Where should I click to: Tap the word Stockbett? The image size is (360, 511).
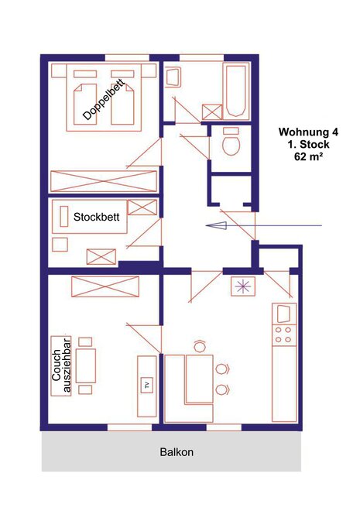click(x=97, y=217)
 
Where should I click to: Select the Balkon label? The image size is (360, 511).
click(x=177, y=452)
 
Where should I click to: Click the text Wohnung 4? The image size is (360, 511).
click(x=308, y=132)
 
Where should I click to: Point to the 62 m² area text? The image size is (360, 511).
click(x=309, y=156)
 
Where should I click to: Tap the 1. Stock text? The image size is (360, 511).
click(x=308, y=144)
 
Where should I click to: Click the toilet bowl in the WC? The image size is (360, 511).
click(x=231, y=142)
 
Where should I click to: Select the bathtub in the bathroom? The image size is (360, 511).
click(x=236, y=91)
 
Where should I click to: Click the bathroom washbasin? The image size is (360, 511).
click(x=173, y=77)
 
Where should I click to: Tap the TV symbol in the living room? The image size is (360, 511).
click(x=147, y=385)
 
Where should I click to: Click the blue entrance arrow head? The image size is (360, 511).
click(x=216, y=225)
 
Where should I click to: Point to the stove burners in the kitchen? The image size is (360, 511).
click(x=283, y=335)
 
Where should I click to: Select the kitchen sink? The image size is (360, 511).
click(x=283, y=314)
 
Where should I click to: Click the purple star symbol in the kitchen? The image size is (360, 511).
click(x=243, y=286)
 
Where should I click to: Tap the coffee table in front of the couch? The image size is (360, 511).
click(x=86, y=365)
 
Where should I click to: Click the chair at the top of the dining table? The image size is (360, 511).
click(x=199, y=345)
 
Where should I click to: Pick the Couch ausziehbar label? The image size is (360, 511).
click(x=61, y=365)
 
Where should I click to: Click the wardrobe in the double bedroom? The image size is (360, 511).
click(x=103, y=181)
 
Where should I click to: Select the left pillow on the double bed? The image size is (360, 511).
click(x=84, y=74)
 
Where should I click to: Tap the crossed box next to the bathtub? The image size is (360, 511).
click(x=212, y=111)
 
